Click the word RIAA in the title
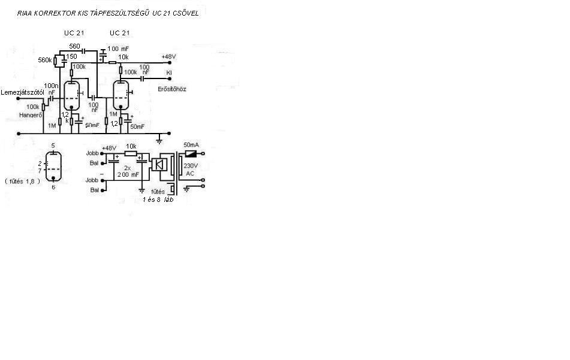pos(26,13)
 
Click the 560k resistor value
pos(45,60)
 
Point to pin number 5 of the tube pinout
pos(53,146)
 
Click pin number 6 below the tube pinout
pos(53,187)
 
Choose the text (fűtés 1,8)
pos(22,180)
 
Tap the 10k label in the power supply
pos(131,146)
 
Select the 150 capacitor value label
pos(71,57)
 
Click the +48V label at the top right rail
pos(169,57)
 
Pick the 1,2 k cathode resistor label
pos(65,117)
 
